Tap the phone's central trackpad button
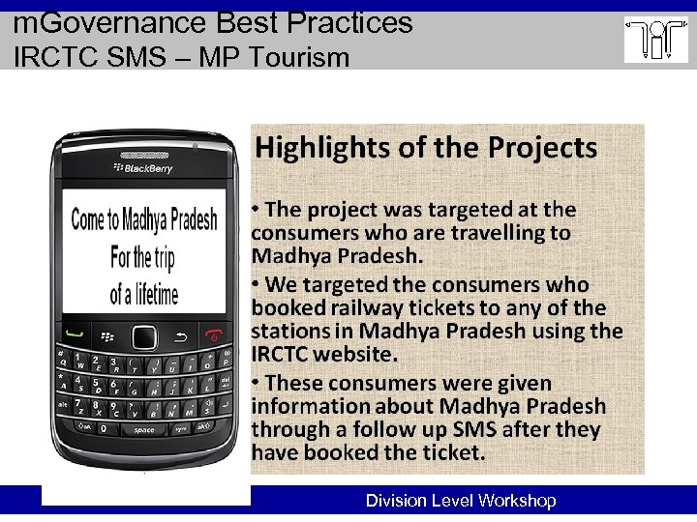[x=144, y=337]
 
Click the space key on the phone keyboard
[x=144, y=430]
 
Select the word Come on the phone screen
[x=88, y=219]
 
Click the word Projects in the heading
[x=543, y=148]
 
